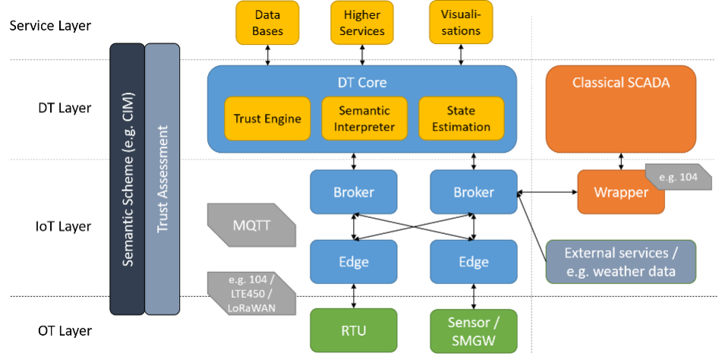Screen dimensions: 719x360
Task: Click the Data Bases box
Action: pos(267,23)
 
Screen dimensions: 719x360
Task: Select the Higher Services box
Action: pos(362,23)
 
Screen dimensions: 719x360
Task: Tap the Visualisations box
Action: pos(461,23)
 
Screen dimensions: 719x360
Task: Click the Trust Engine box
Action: pos(267,118)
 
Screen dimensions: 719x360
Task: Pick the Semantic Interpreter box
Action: pos(364,118)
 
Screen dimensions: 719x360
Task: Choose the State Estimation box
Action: pos(462,118)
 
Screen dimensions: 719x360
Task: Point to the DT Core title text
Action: pos(362,83)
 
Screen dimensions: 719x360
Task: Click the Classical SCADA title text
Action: pos(621,83)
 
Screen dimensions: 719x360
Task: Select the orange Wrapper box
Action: pos(621,191)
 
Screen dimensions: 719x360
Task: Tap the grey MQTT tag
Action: pos(251,225)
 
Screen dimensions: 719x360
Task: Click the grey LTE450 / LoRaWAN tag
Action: pos(251,293)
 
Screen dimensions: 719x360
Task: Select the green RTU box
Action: pos(354,330)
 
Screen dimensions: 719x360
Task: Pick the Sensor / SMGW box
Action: pos(474,330)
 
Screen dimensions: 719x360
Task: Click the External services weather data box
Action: pos(621,262)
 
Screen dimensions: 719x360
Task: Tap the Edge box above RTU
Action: pos(354,261)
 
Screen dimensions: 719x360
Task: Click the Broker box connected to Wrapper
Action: pos(474,191)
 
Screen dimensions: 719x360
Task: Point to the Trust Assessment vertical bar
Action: pos(162,179)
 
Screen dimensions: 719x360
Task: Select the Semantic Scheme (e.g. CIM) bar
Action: pos(128,179)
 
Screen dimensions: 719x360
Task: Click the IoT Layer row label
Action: pos(63,226)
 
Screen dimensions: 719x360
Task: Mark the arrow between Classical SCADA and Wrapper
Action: pos(621,162)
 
